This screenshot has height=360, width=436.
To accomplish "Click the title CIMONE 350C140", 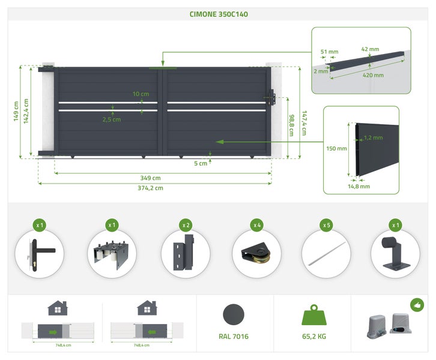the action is pyautogui.click(x=219, y=14).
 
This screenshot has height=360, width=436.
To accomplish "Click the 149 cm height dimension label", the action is pyautogui.click(x=16, y=111).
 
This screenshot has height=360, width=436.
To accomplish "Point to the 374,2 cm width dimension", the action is pyautogui.click(x=150, y=188).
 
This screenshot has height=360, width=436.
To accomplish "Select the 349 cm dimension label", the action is pyautogui.click(x=150, y=178).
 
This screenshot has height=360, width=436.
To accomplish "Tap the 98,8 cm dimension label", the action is pyautogui.click(x=291, y=125).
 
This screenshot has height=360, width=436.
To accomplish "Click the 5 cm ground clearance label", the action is pyautogui.click(x=201, y=163).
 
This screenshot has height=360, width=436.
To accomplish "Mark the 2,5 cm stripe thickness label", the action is pyautogui.click(x=112, y=119).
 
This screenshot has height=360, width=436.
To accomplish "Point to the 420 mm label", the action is pyautogui.click(x=373, y=75).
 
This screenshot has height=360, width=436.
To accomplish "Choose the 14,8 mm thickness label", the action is pyautogui.click(x=359, y=187).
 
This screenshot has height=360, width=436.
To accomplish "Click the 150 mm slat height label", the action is pyautogui.click(x=336, y=149).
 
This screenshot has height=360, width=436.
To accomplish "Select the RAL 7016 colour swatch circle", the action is pyautogui.click(x=234, y=314).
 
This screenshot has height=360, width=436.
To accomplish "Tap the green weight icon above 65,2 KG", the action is pyautogui.click(x=314, y=315).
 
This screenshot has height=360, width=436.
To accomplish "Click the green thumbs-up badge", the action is pyautogui.click(x=417, y=305).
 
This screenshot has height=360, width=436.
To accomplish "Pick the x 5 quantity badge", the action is pyautogui.click(x=327, y=225).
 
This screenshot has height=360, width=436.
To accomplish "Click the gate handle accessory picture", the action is pyautogui.click(x=39, y=254).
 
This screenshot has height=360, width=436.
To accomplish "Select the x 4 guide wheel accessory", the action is pyautogui.click(x=256, y=254).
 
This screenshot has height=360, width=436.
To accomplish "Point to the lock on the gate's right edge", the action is pyautogui.click(x=271, y=97).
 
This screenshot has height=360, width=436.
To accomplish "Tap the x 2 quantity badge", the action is pyautogui.click(x=186, y=225).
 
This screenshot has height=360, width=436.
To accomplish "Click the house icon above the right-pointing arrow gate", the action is pyautogui.click(x=58, y=308).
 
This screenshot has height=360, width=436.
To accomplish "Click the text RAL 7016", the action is pyautogui.click(x=234, y=337).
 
